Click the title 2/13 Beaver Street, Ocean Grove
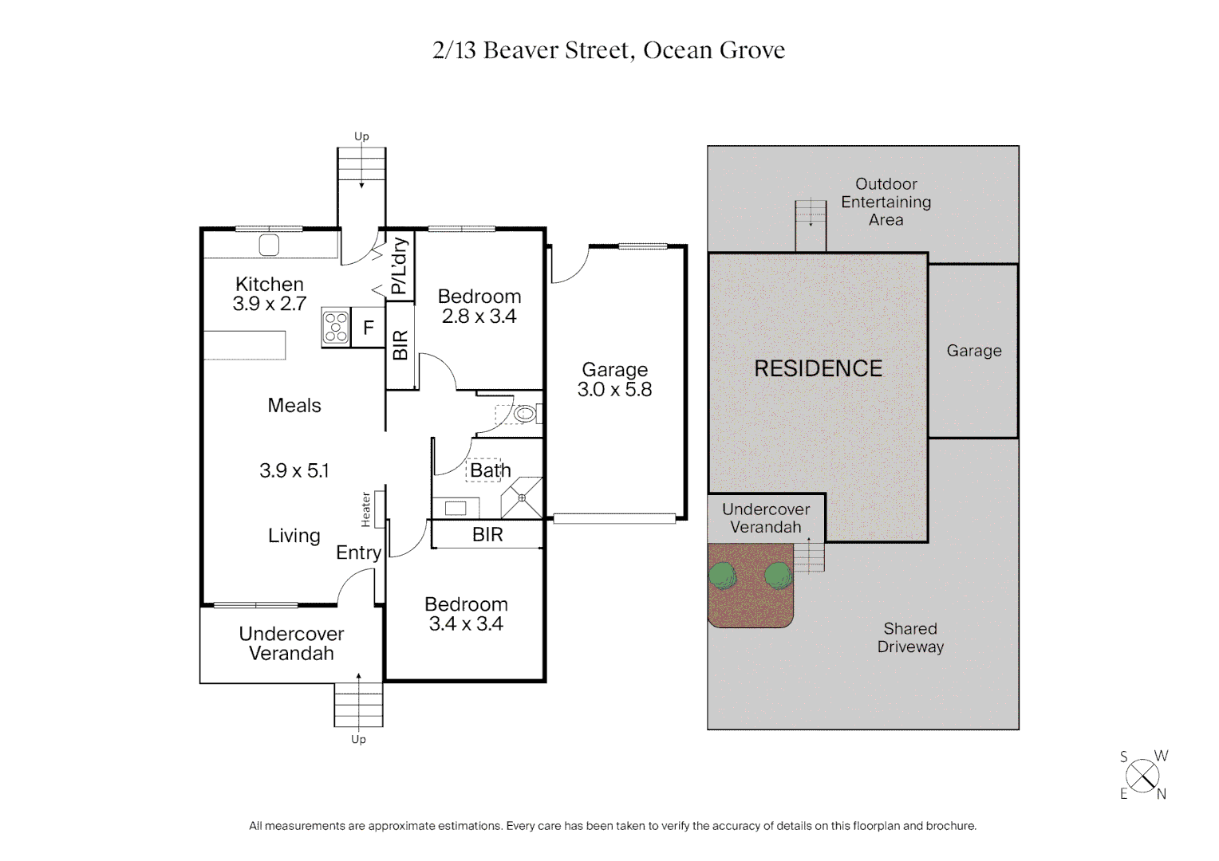point(609,50)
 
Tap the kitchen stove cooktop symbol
point(336,328)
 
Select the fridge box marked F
point(369,328)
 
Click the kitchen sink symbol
point(270,245)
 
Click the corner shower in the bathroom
point(522,497)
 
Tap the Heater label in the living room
point(366,509)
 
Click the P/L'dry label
point(400,266)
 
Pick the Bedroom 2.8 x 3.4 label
point(479,306)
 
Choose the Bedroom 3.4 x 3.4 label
point(466,614)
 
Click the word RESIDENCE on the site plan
point(818,368)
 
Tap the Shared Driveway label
point(910,638)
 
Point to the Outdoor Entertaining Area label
point(886,202)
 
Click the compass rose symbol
point(1143,776)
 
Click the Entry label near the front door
point(358,552)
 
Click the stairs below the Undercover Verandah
point(358,705)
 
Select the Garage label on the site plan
point(973,351)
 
